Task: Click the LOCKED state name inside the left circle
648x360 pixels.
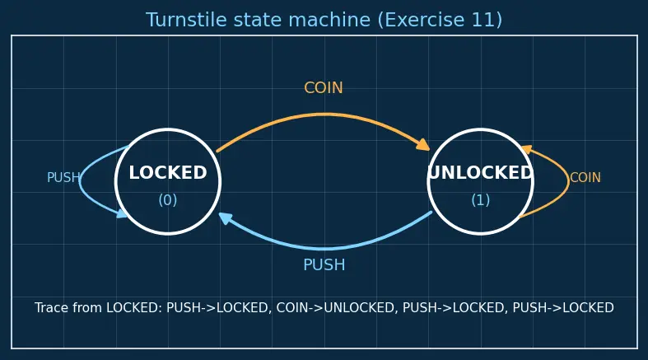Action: coord(168,173)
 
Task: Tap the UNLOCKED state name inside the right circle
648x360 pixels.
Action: coord(481,173)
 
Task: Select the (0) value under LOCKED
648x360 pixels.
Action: coord(168,200)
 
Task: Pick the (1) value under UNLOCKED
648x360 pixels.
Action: coord(481,200)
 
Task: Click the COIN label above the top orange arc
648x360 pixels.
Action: coord(324,87)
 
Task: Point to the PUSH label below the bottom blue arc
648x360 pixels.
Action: coord(324,265)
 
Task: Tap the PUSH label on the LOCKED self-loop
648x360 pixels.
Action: coord(63,178)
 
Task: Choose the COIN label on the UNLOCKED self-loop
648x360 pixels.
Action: coord(585,178)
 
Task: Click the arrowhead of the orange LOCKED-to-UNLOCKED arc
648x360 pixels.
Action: coord(423,145)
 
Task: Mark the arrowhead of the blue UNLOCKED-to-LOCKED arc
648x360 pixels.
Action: coord(226,217)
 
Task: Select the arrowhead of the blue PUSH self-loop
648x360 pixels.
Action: coord(123,213)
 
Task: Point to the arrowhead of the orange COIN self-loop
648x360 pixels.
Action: coord(526,149)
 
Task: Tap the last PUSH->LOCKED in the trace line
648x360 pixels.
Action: coord(563,308)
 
